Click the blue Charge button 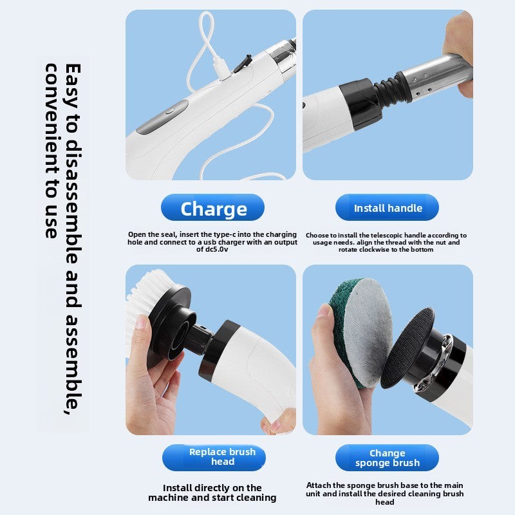click(x=212, y=208)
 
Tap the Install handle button click(x=388, y=208)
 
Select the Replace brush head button click(x=214, y=457)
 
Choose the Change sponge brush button click(x=388, y=458)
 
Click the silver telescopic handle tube click(x=438, y=74)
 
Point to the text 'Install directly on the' click(x=212, y=488)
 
